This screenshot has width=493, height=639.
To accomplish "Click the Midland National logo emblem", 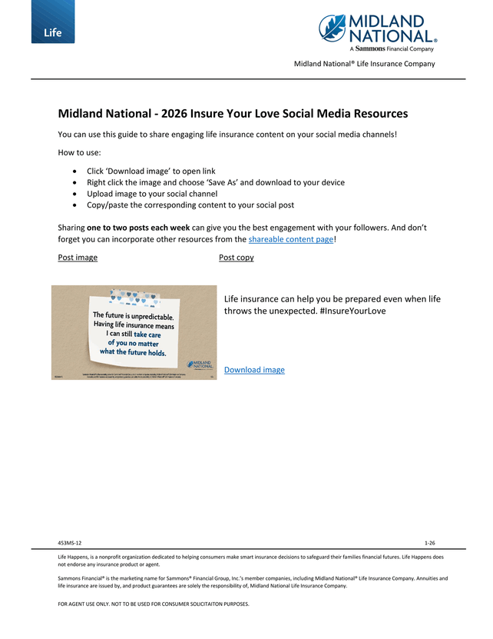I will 333,28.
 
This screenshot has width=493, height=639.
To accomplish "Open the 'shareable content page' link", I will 291,239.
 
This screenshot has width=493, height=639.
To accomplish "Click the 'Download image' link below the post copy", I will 254,370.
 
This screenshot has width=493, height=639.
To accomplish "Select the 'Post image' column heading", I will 78,257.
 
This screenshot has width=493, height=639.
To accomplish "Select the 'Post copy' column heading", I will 236,257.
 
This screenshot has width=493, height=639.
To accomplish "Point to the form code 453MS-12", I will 69,543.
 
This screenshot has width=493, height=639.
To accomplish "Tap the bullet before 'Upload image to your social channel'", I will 73,194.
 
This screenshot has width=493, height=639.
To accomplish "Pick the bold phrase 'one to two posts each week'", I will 138,228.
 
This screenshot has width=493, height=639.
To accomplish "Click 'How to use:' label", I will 74,152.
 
